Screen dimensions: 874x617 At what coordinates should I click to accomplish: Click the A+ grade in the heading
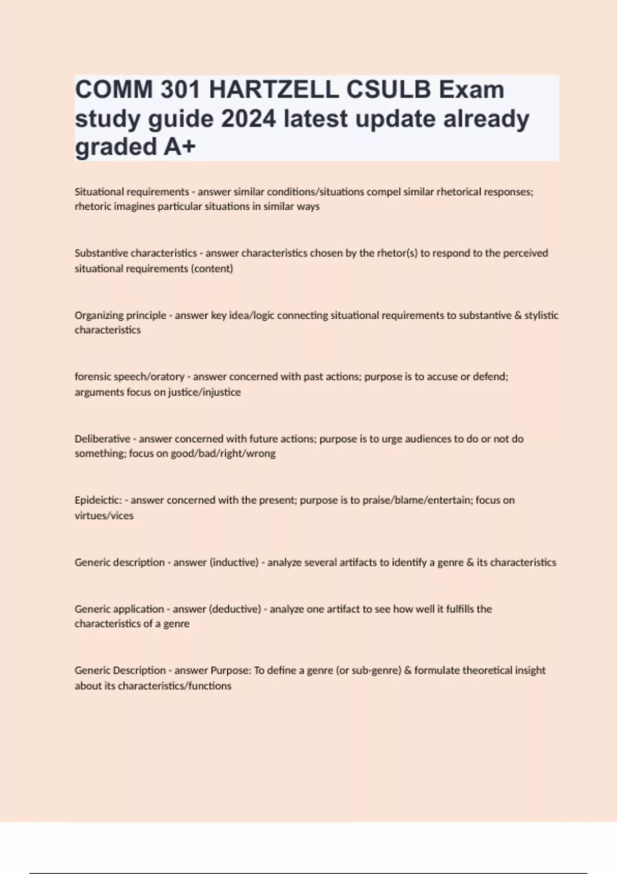[x=180, y=147]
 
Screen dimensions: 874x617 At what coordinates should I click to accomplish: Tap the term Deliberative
[x=102, y=439]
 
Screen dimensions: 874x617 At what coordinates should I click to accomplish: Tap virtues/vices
[x=104, y=516]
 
